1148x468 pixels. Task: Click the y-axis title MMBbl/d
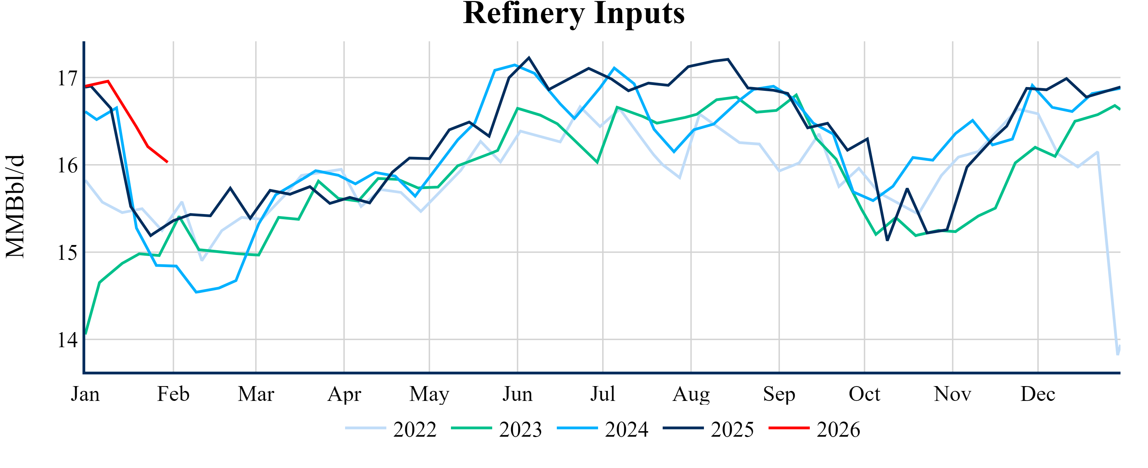[15, 206]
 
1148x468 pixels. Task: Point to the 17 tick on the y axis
[67, 78]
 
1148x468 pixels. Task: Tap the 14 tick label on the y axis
[67, 340]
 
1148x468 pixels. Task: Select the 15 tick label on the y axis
[67, 253]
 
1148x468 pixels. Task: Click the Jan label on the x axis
[85, 394]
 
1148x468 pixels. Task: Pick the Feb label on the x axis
[173, 394]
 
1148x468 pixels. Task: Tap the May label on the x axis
[429, 394]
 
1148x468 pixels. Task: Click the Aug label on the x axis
[691, 394]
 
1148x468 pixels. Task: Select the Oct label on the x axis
[864, 394]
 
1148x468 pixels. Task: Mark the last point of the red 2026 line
[167, 162]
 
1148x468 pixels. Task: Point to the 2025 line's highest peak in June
[529, 57]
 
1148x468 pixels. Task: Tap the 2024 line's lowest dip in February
[197, 292]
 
